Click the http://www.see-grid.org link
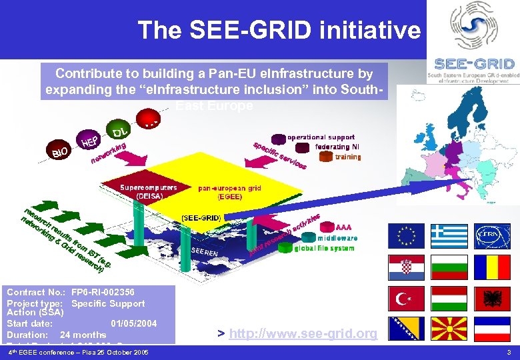(x=303, y=333)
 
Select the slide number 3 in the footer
(x=509, y=352)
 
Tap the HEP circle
(x=91, y=140)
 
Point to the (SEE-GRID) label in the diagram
(x=201, y=218)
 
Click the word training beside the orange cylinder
(x=348, y=157)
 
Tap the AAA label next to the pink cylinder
(x=343, y=227)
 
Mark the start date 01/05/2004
(x=134, y=324)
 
